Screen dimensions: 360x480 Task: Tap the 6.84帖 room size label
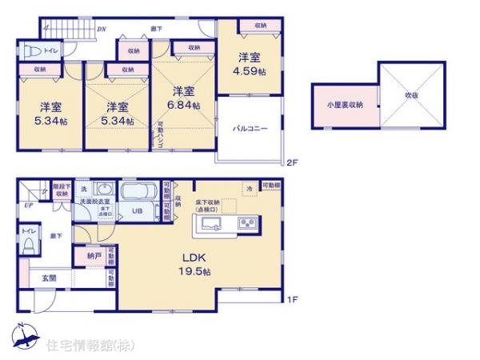pos(185,106)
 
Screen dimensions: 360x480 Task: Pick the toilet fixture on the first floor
pos(27,247)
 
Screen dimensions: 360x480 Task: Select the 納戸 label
pos(94,257)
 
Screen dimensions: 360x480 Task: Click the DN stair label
pos(102,30)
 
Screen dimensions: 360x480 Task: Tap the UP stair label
pos(29,206)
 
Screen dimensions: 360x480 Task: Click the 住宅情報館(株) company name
pos(90,345)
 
